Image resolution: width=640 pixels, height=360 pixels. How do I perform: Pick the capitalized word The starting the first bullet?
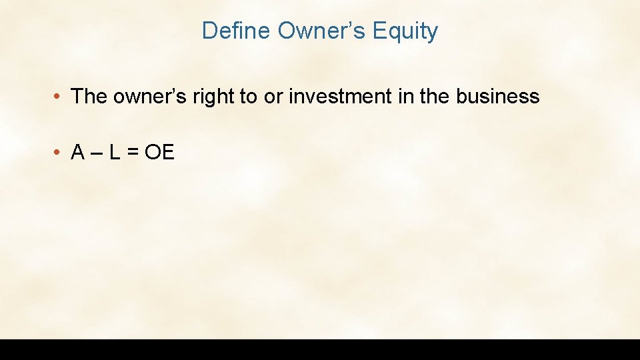[89, 97]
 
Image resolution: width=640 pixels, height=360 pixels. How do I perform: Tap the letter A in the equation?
[77, 153]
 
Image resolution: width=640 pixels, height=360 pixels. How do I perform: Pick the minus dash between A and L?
[95, 153]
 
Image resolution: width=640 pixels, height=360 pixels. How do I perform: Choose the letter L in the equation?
[115, 153]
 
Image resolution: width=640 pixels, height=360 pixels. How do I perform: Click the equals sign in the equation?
[133, 153]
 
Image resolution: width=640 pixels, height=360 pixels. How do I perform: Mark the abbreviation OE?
[159, 153]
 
